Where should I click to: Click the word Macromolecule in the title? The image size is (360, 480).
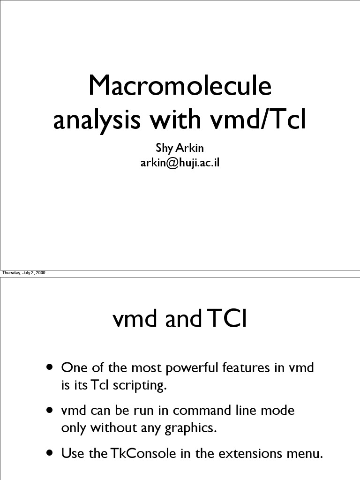180,87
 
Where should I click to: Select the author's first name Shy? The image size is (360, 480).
164,148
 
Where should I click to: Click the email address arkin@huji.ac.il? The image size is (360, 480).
180,163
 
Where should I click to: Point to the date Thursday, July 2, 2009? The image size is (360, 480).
24,273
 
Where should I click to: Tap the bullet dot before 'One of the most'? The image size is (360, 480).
49,367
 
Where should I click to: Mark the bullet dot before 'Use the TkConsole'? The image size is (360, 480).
49,454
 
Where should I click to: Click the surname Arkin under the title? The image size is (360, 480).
189,148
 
